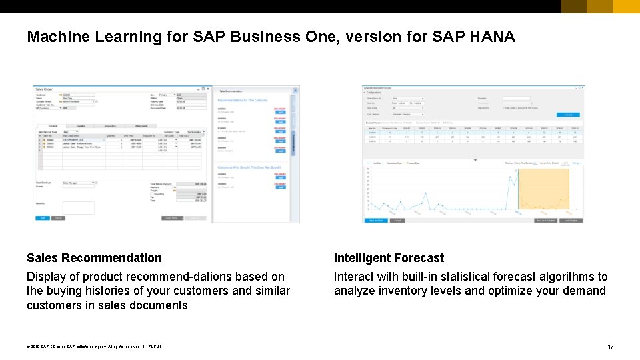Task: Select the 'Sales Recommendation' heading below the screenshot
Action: point(94,258)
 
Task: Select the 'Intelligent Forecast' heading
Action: point(389,258)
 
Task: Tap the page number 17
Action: point(610,347)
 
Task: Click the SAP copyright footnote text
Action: point(93,347)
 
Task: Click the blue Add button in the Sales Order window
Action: point(41,218)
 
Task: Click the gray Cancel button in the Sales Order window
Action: point(58,218)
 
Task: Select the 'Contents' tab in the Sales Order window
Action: point(53,125)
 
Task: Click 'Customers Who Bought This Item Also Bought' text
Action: point(249,167)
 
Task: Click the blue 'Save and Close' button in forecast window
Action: point(375,220)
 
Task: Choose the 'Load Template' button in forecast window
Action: point(571,220)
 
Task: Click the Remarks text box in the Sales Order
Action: point(78,208)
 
